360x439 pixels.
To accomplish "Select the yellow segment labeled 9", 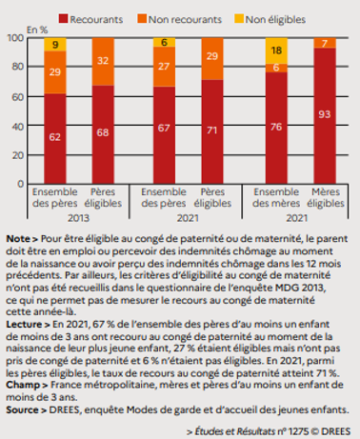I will (x=55, y=45).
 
